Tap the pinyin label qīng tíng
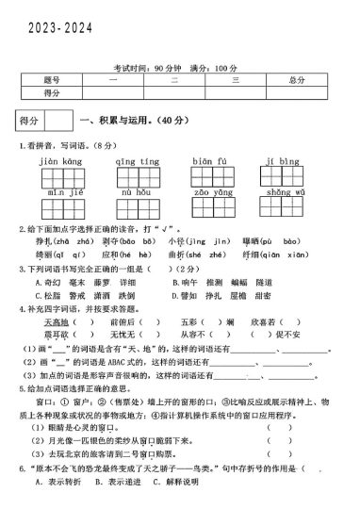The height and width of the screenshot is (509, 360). (x=138, y=161)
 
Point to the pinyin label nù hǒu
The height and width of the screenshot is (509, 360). (x=138, y=191)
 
